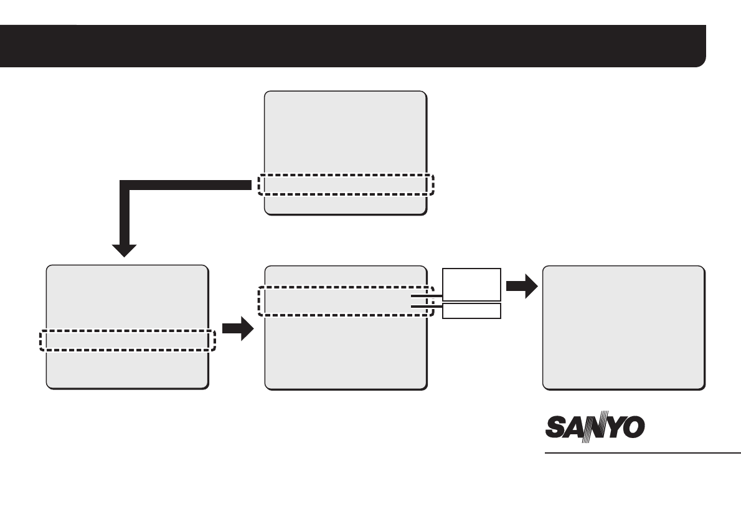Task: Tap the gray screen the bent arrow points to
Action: pyautogui.click(x=127, y=299)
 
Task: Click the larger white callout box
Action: pyautogui.click(x=471, y=283)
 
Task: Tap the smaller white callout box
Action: pyautogui.click(x=471, y=310)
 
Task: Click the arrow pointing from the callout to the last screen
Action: pyautogui.click(x=522, y=288)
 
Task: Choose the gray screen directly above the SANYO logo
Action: pyautogui.click(x=623, y=327)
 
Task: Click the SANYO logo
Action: pyautogui.click(x=595, y=429)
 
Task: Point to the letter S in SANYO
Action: pyautogui.click(x=556, y=429)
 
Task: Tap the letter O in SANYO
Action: pyautogui.click(x=633, y=429)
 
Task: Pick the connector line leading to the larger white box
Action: pyautogui.click(x=427, y=297)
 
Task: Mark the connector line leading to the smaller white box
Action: pyautogui.click(x=427, y=306)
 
